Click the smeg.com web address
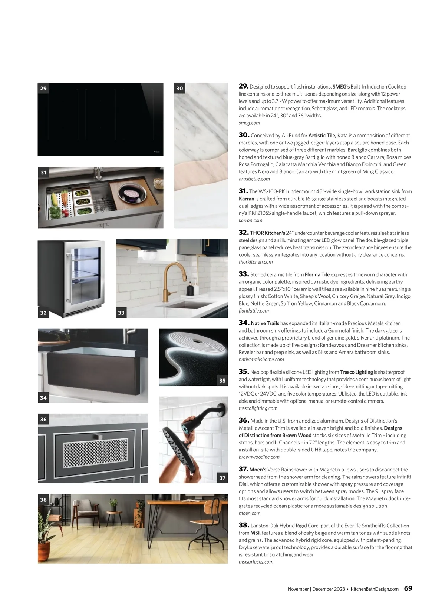(249, 123)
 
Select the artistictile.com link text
(254, 179)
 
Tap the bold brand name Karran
(246, 199)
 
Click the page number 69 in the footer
(408, 588)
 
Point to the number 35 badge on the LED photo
(222, 380)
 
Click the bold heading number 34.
(244, 323)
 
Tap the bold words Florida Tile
(317, 275)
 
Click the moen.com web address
(250, 513)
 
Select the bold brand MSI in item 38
(255, 533)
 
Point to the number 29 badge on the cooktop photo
(43, 88)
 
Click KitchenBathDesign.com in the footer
(375, 589)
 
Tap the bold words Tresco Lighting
(356, 372)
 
